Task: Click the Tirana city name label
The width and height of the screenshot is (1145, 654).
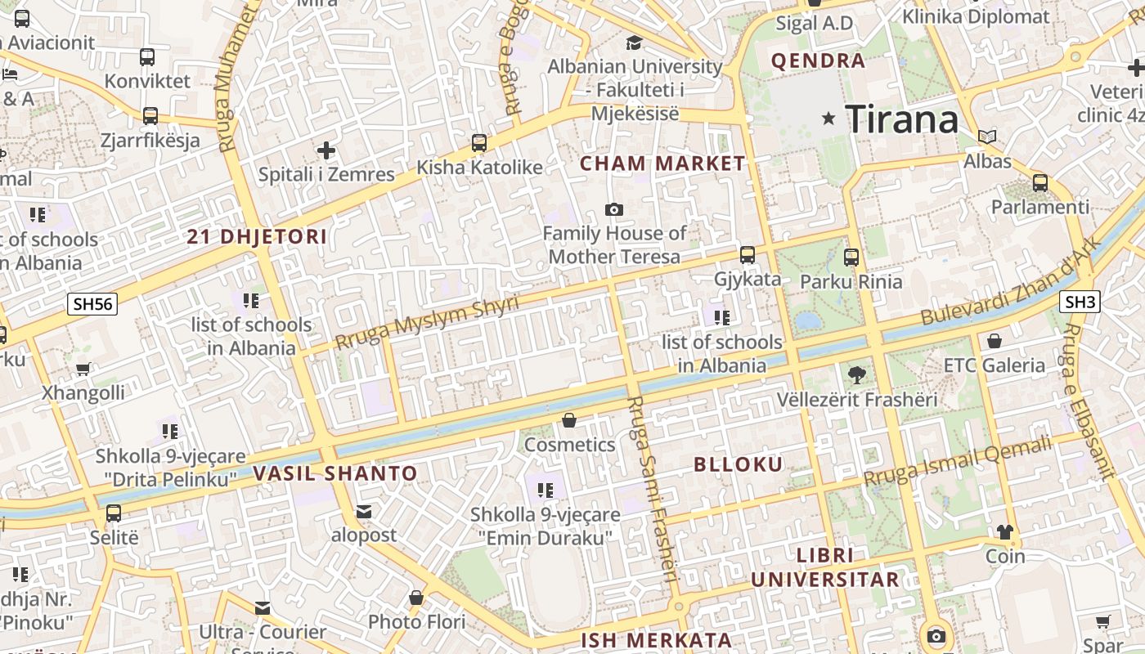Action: (901, 119)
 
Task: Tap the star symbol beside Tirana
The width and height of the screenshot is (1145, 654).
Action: (828, 119)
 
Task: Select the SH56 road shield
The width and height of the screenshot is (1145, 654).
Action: (92, 304)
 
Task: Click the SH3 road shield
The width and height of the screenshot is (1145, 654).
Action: (1080, 302)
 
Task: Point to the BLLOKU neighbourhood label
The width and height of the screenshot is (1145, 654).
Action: (738, 464)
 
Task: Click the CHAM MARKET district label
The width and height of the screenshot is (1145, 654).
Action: (662, 163)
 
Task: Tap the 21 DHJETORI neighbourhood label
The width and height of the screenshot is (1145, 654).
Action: (257, 237)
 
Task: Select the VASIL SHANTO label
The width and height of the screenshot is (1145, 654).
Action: (335, 473)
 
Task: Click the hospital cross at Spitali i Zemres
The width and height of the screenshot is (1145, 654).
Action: (326, 150)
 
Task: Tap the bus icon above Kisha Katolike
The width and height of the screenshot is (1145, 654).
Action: (479, 143)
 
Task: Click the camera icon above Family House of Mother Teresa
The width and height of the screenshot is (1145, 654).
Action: (614, 210)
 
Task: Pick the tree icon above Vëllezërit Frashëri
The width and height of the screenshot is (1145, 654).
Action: (856, 375)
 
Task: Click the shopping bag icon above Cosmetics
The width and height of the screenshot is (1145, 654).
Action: (569, 420)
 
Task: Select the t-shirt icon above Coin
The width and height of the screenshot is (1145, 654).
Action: (1005, 532)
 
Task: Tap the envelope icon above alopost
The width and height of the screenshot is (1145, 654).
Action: (364, 512)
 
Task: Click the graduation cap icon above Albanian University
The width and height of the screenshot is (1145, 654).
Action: (634, 43)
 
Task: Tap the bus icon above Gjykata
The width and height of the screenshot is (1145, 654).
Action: (747, 255)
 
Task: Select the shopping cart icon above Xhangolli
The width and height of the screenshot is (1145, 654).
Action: (83, 369)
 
